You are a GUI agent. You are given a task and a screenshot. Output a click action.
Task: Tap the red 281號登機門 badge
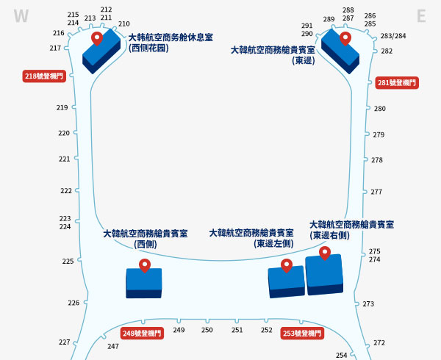tap(397, 83)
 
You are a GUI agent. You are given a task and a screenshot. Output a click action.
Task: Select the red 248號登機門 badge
tap(142, 334)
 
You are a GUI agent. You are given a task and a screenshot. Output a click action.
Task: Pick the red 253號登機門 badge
tap(303, 334)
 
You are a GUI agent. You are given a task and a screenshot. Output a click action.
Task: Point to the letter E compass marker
tap(421, 16)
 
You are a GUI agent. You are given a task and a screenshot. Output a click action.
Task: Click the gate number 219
tap(62, 108)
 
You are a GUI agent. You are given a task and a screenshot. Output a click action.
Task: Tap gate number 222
tap(66, 191)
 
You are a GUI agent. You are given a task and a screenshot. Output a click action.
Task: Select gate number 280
tap(379, 109)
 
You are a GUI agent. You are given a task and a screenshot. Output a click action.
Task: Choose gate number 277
tap(376, 192)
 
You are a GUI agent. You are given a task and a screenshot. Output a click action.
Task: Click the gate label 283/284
tap(393, 36)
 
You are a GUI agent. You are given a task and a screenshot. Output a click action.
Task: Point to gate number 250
tap(207, 331)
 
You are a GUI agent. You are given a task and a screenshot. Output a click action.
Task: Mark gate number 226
tap(73, 303)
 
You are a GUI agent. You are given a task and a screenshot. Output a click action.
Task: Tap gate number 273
tap(368, 304)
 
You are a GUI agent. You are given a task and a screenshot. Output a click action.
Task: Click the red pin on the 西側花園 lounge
tap(96, 37)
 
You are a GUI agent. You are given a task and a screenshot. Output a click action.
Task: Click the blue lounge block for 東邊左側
tap(286, 281)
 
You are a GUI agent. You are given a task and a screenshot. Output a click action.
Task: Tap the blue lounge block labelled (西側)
tap(144, 283)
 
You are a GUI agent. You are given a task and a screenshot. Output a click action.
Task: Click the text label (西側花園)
tap(148, 48)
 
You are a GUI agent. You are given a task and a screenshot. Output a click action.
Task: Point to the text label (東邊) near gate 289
tap(303, 60)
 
